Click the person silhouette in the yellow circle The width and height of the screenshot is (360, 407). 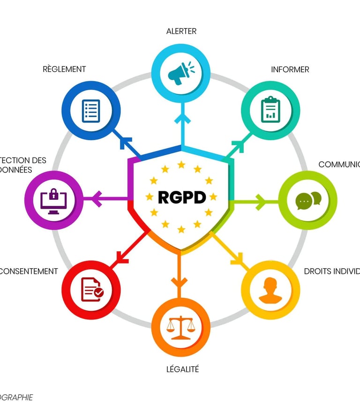click(x=270, y=290)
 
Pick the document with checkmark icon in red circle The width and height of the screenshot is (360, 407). click(x=91, y=289)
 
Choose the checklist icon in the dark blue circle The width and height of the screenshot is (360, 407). click(x=91, y=111)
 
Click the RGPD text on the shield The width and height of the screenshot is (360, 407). click(x=182, y=197)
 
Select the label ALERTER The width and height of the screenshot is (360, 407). click(x=181, y=31)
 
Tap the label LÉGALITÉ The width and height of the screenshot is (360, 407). click(x=183, y=369)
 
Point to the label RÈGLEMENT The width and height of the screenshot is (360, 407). click(x=64, y=69)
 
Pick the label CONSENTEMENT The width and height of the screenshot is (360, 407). click(x=29, y=271)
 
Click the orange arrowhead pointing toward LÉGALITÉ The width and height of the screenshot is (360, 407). click(x=179, y=282)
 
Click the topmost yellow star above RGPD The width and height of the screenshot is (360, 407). click(x=181, y=165)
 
